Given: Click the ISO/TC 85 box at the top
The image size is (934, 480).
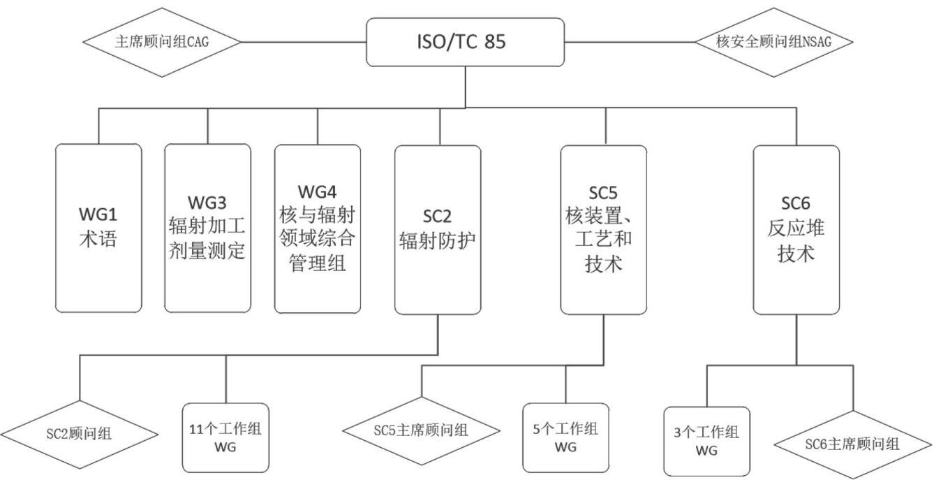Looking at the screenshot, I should point(466,42).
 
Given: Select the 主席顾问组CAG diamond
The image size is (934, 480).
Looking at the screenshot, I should point(161,42).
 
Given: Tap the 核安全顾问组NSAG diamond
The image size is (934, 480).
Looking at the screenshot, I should point(774,42).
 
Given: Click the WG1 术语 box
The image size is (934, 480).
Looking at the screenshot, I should point(98,228).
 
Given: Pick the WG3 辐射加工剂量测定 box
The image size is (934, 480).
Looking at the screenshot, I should point(207,228).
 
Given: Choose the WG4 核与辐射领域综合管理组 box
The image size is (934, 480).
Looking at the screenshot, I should point(318,228).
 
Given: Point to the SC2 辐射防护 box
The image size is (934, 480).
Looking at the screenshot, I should point(438,229).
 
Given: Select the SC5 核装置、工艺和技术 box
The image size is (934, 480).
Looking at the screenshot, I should point(604,229).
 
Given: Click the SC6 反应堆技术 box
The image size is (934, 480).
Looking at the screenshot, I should point(796,229).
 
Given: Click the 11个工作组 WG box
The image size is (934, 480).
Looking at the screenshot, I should point(225,437).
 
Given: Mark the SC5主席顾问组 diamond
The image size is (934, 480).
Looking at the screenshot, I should point(421,429).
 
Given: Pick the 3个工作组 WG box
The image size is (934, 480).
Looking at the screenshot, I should point(706,441).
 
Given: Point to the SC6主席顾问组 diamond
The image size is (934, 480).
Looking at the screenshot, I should point(852,444).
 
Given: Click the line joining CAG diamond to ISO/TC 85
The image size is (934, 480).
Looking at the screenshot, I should point(304,42).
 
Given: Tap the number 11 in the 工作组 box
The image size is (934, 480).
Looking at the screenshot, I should point(196,430).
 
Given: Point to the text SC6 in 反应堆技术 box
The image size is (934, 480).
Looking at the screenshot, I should point(796,203).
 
